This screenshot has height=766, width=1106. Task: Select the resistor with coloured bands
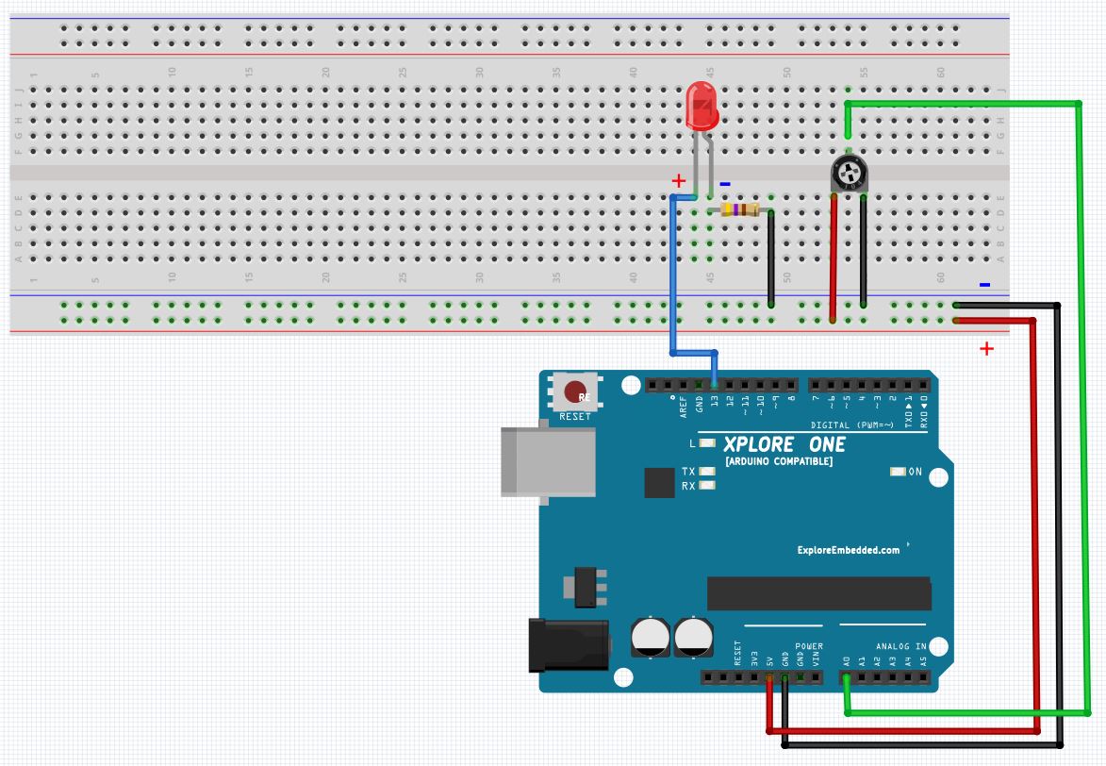pyautogui.click(x=739, y=210)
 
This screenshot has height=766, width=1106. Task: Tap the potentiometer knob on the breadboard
pyautogui.click(x=849, y=174)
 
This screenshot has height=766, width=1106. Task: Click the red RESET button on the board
pyautogui.click(x=573, y=391)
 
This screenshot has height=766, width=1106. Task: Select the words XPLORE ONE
pyautogui.click(x=784, y=444)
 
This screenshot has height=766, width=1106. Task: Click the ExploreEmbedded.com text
pyautogui.click(x=848, y=550)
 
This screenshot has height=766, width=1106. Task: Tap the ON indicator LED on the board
pyautogui.click(x=898, y=471)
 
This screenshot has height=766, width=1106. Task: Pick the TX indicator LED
pyautogui.click(x=706, y=471)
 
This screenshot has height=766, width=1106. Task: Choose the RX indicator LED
pyautogui.click(x=706, y=486)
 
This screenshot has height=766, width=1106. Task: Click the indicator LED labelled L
pyautogui.click(x=706, y=442)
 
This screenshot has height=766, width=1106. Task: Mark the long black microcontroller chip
pyautogui.click(x=818, y=593)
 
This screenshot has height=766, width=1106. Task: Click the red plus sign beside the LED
pyautogui.click(x=677, y=180)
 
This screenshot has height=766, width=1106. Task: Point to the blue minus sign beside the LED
pyautogui.click(x=724, y=185)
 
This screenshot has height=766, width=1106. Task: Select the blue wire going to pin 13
pyautogui.click(x=672, y=283)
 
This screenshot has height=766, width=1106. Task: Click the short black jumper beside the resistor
pyautogui.click(x=771, y=259)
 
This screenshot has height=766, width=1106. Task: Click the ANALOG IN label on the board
pyautogui.click(x=900, y=646)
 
